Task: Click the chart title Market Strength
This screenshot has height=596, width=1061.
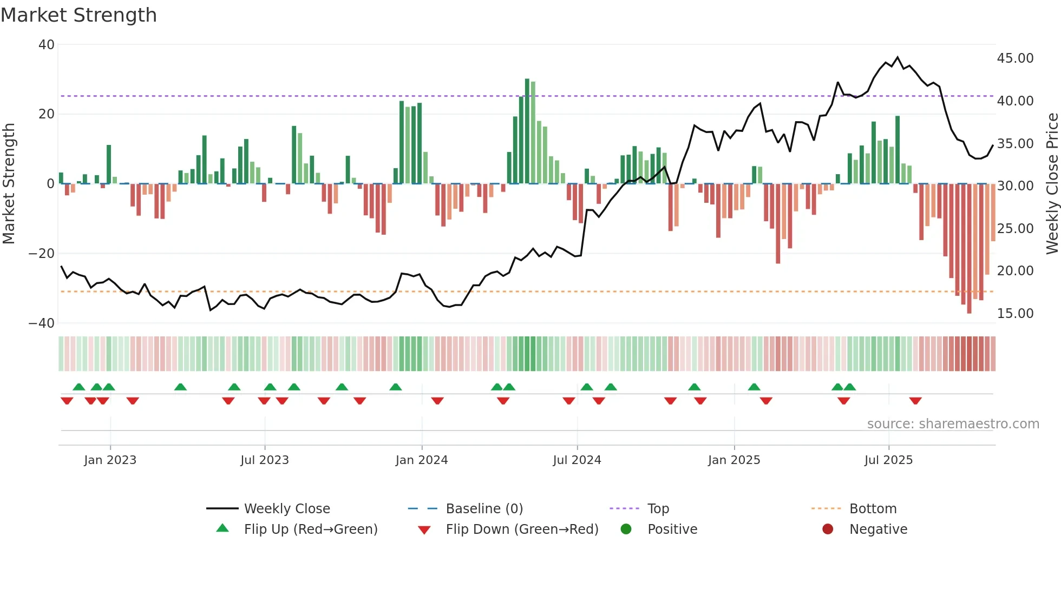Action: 78,15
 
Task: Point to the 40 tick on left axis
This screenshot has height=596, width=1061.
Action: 47,45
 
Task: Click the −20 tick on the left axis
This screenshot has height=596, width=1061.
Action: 42,254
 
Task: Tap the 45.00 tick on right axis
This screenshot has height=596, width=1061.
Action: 1015,58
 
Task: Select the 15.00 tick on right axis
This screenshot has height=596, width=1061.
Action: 1015,314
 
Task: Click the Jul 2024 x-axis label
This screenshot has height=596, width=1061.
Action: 577,460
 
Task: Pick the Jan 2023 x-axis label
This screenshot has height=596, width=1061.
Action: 110,460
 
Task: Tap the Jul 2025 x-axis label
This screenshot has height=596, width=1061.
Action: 888,460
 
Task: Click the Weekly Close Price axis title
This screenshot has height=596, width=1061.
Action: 1052,183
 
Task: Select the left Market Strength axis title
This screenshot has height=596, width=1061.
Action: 9,183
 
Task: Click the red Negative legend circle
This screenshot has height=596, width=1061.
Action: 828,529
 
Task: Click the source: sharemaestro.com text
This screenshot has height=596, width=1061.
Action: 953,424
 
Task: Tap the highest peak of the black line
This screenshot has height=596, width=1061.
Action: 898,57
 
